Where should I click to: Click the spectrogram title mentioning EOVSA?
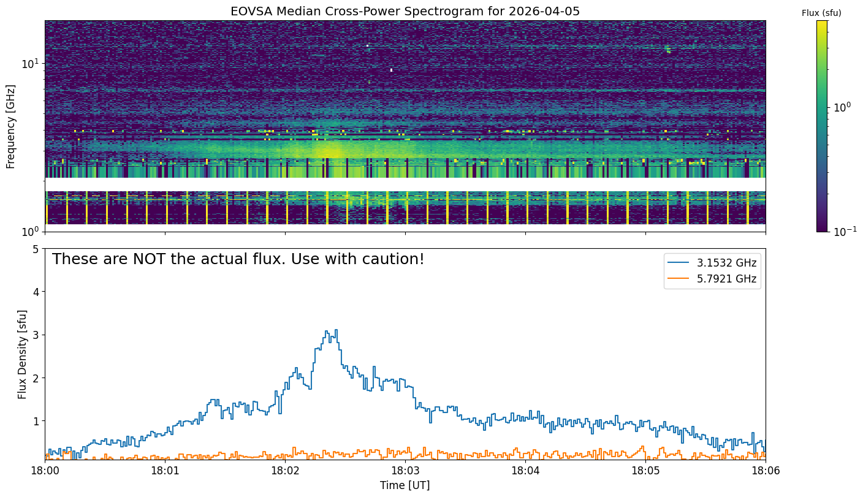pos(405,11)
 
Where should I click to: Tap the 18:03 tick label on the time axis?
pos(405,471)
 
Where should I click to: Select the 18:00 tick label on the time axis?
pos(45,471)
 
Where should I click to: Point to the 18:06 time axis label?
pos(766,471)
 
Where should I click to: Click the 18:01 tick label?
pos(165,471)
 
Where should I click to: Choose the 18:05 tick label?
pos(645,471)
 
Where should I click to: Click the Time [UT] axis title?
pos(405,485)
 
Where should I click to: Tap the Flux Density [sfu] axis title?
pos(22,354)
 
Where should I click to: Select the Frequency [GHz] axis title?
pos(10,127)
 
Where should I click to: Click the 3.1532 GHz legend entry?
pos(712,263)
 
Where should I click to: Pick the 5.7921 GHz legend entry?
pos(712,279)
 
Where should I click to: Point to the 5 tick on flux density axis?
pos(36,249)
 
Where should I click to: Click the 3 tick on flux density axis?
pos(36,335)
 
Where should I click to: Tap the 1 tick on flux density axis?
pos(36,421)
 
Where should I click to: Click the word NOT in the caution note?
pos(148,259)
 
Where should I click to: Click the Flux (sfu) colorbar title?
pos(821,13)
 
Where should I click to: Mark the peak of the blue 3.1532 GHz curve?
pos(336,330)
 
